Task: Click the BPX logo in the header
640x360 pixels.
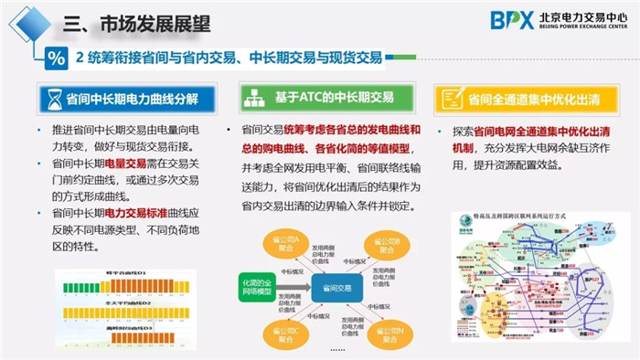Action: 512,20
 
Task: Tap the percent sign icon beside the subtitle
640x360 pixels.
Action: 55,59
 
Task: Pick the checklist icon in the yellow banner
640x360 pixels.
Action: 448,98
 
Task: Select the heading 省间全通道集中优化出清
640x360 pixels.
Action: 534,98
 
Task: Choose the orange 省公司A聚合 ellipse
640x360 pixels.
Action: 274,244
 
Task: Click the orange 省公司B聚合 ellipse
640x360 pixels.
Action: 384,244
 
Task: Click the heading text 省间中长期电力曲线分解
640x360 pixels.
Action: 137,98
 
